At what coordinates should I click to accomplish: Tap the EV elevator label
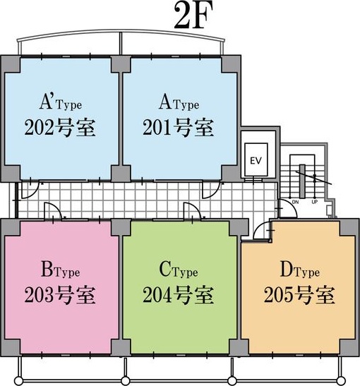coord(256,161)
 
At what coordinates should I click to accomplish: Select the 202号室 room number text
coord(60,127)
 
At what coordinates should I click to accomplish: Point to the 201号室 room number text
coord(179,127)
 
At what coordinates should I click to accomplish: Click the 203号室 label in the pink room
coord(60,295)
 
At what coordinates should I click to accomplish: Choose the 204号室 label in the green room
coord(179,295)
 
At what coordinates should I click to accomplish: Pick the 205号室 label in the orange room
coord(299,295)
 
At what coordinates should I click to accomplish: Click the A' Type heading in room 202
coord(61,102)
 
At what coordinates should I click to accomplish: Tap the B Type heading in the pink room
coord(61,270)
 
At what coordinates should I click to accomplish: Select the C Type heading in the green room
coord(179,270)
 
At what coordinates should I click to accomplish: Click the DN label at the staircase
coord(295,202)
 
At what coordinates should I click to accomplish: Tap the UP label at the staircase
coord(314,202)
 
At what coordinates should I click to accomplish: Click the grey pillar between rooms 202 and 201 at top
coord(121,64)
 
